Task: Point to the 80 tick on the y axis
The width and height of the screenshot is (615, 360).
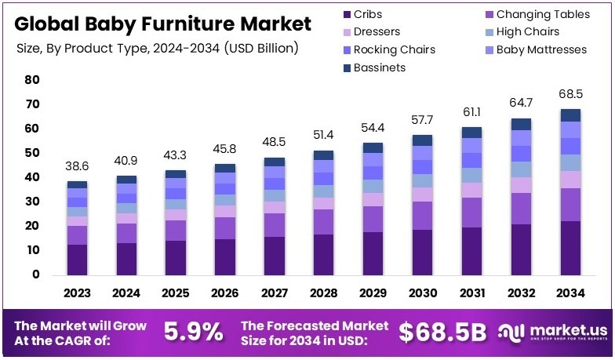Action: [31, 80]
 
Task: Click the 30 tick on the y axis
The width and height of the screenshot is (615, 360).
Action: [31, 202]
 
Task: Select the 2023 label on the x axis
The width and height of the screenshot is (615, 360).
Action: [77, 293]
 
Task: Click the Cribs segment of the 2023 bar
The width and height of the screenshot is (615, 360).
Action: [77, 260]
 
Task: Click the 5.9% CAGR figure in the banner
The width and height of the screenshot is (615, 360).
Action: [193, 332]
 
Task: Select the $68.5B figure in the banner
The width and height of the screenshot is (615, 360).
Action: [442, 332]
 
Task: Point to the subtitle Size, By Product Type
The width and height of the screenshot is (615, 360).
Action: [157, 49]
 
